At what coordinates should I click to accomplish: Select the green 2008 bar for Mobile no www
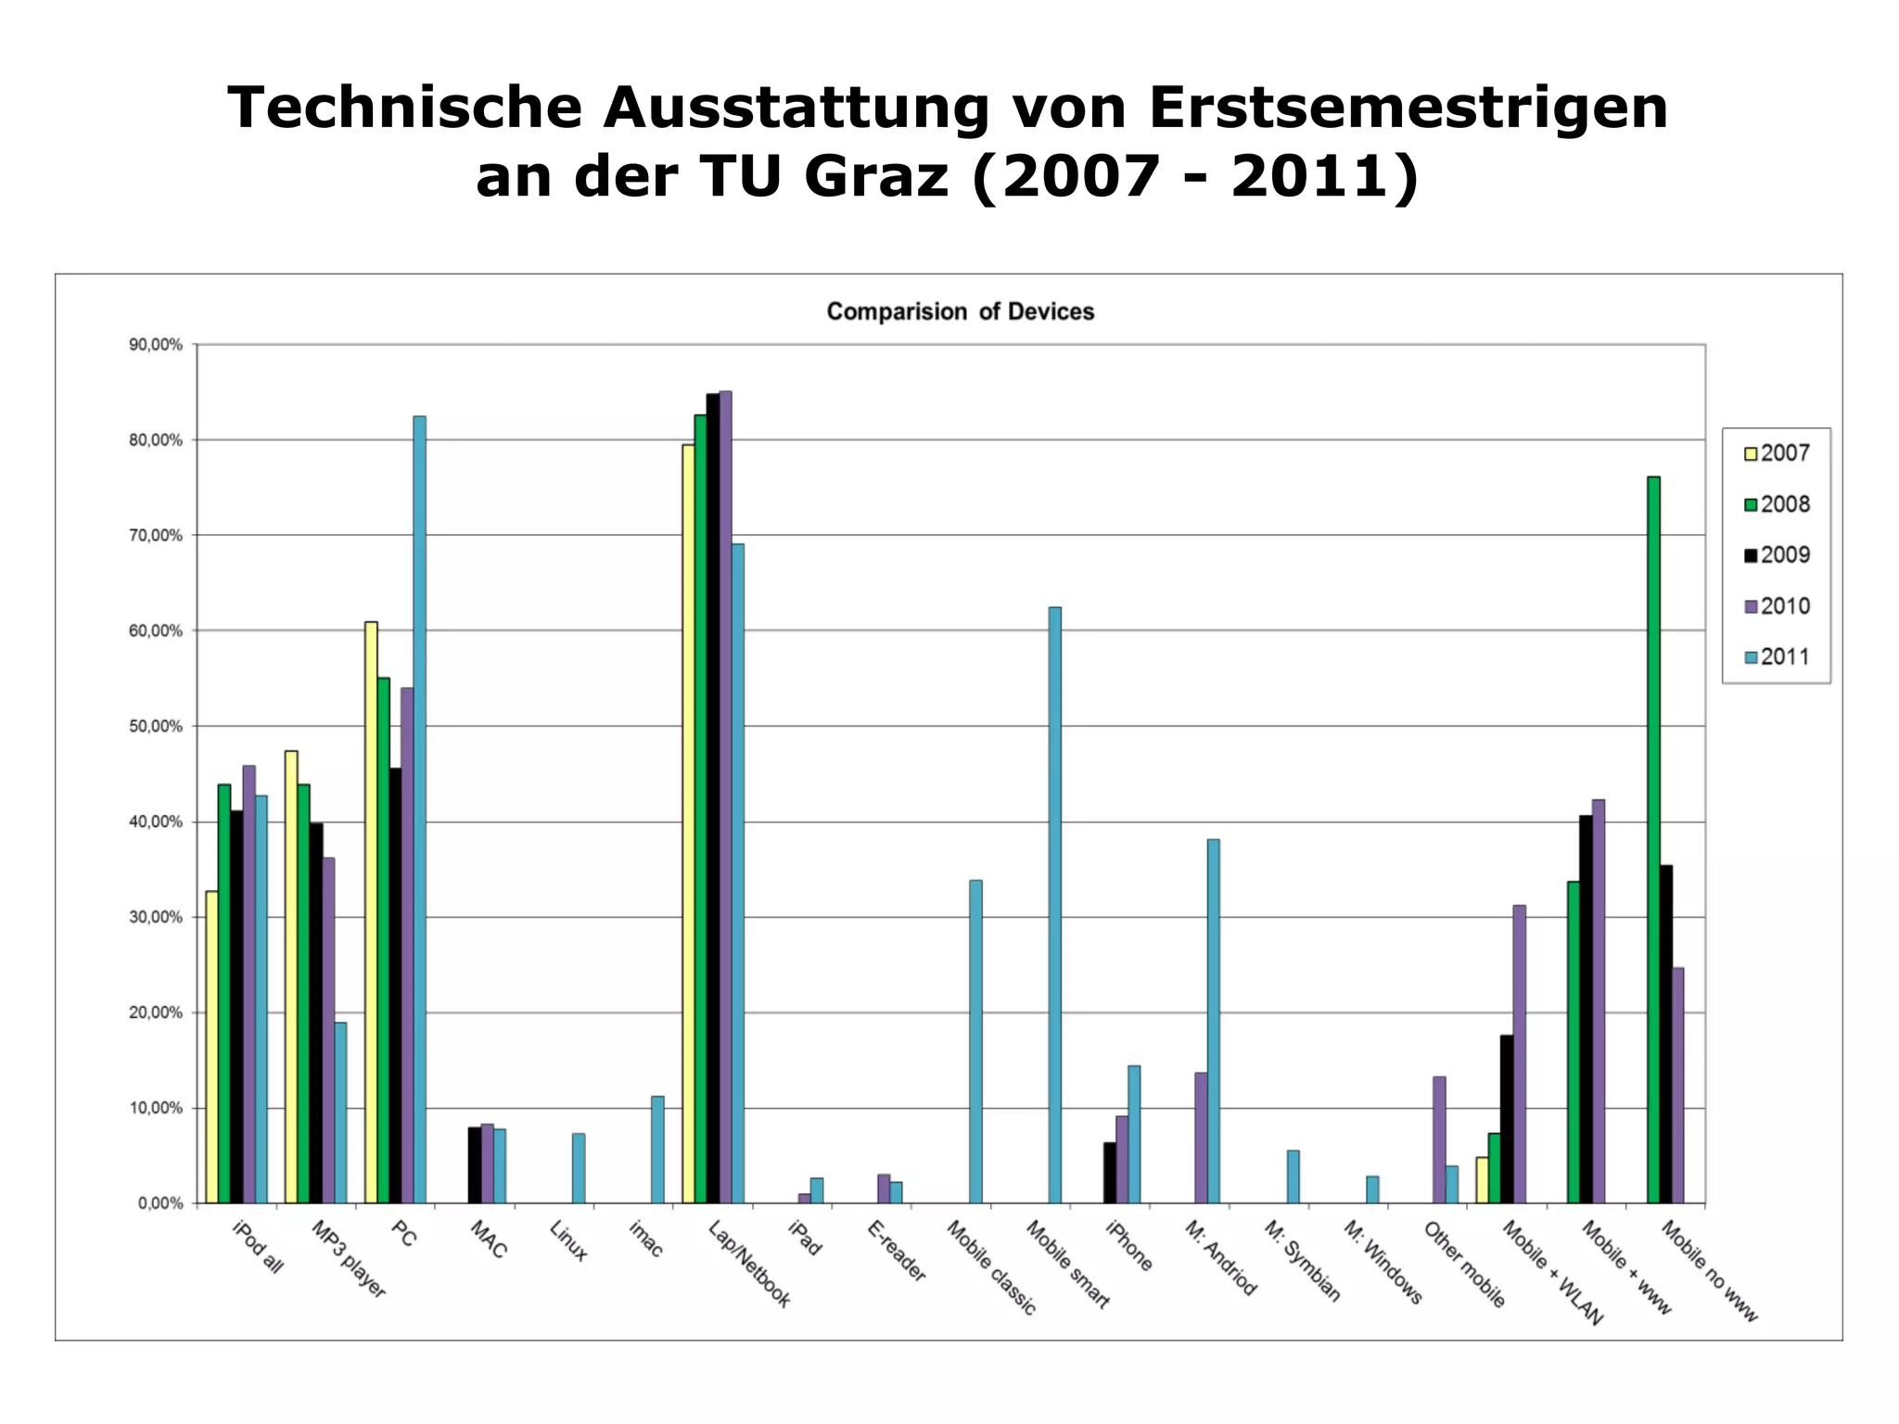point(1653,839)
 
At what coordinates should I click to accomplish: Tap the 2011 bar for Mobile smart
point(1054,905)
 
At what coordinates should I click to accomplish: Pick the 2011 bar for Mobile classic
point(975,1041)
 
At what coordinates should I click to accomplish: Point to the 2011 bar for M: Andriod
point(1213,1021)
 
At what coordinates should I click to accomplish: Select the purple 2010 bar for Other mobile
point(1439,1139)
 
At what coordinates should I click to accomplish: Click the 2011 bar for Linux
point(579,1168)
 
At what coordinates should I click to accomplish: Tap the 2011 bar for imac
point(657,1150)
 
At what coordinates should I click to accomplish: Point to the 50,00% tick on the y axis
point(156,727)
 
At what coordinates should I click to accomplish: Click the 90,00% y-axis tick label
point(156,345)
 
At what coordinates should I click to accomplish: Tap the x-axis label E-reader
point(897,1252)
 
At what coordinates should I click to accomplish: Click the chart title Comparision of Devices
point(960,311)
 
